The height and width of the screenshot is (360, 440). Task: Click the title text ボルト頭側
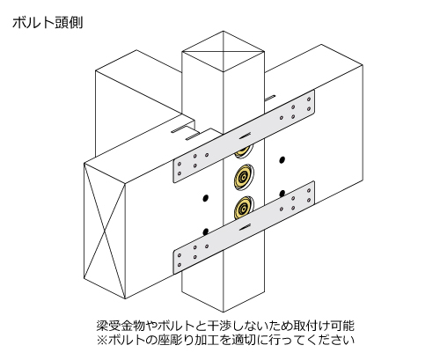(48, 23)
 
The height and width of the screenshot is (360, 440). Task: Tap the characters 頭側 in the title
(69, 23)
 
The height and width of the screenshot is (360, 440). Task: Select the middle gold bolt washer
(244, 177)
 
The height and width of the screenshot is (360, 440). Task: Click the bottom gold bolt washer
(243, 208)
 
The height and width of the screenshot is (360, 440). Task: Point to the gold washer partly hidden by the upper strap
(244, 151)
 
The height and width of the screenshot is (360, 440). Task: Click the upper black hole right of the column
(282, 160)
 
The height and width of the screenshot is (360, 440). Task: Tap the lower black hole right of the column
(282, 194)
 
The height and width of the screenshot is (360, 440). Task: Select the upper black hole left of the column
(206, 198)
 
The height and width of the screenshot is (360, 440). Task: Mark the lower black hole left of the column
(206, 231)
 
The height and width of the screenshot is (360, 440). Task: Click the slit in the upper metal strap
(246, 136)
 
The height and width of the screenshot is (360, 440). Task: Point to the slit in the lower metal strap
(246, 227)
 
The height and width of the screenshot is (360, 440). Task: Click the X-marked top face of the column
(224, 51)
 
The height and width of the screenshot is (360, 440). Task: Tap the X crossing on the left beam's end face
(105, 231)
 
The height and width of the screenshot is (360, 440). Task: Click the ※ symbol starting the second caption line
(102, 341)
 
